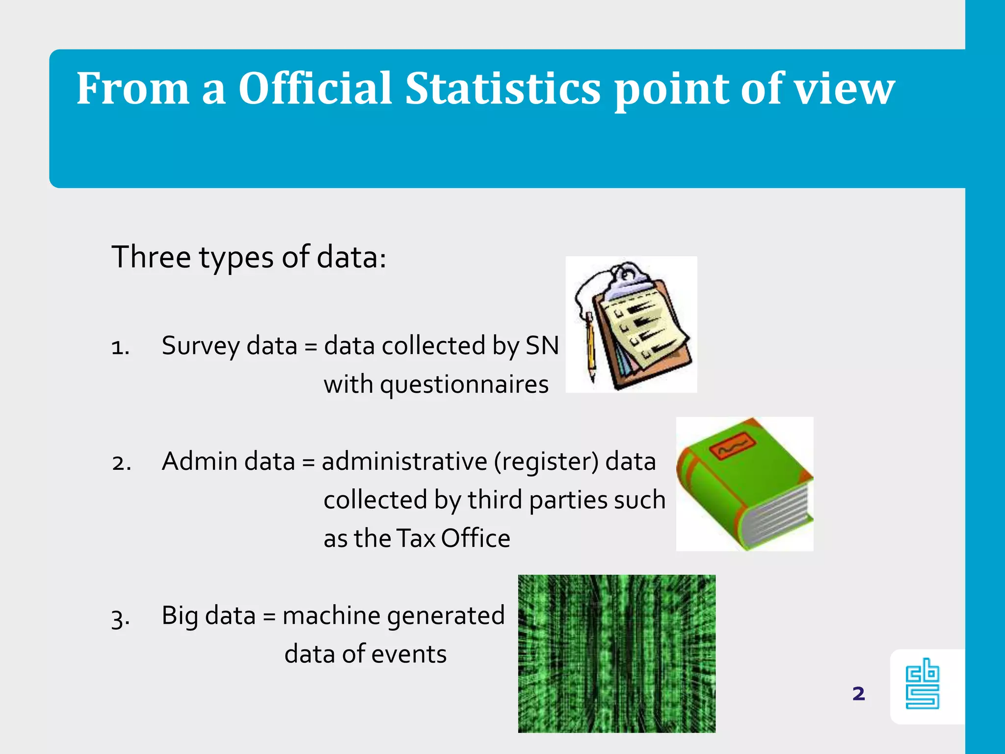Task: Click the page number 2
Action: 858,694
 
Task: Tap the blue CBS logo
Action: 922,684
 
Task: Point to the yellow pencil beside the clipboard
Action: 590,349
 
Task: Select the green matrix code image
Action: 617,654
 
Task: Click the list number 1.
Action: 120,348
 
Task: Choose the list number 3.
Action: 120,618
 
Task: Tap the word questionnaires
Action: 436,384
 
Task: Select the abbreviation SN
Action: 542,346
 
